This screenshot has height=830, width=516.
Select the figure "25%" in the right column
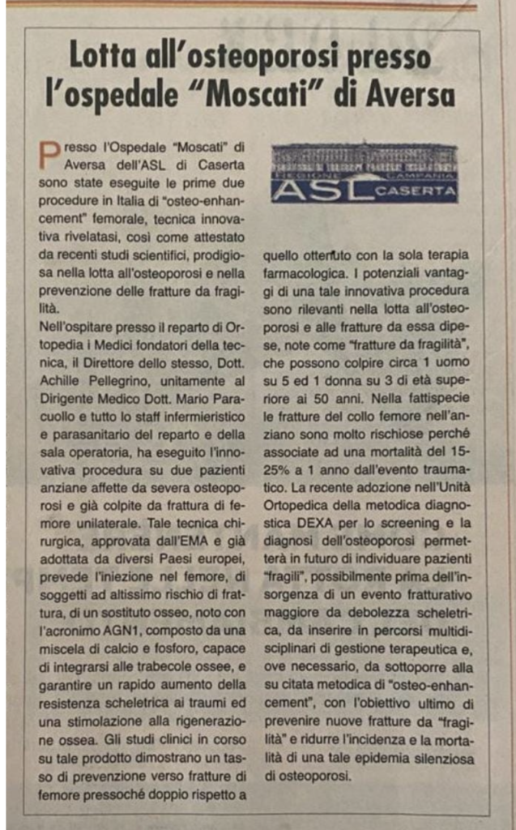[x=276, y=471]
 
